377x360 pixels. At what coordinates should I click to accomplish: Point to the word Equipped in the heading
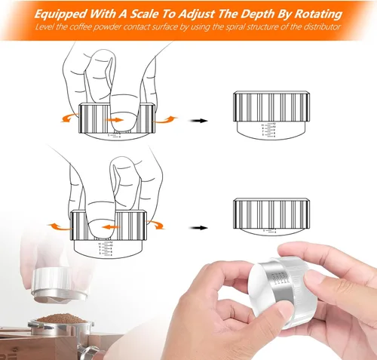click(66, 14)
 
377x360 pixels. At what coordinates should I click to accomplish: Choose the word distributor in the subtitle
click(320, 27)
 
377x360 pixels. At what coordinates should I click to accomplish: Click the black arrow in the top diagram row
click(200, 120)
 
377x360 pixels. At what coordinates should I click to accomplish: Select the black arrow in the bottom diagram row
click(200, 225)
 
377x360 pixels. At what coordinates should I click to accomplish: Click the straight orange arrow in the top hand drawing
click(116, 118)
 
